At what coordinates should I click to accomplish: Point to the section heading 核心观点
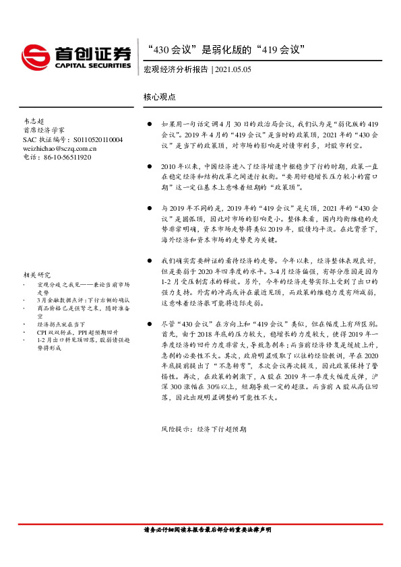pyautogui.click(x=159, y=97)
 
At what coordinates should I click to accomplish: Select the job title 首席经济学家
pyautogui.click(x=44, y=130)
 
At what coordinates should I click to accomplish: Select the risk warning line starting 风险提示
pyautogui.click(x=204, y=429)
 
